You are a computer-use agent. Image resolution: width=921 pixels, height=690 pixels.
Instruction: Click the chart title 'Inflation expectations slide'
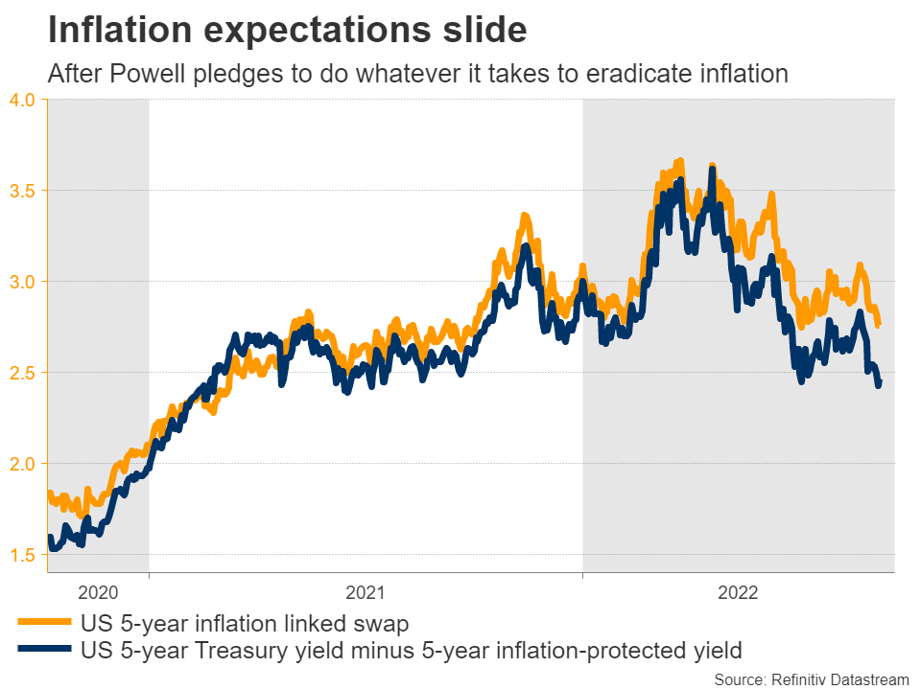[287, 31]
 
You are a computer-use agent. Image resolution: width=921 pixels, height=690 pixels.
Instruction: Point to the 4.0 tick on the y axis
[23, 100]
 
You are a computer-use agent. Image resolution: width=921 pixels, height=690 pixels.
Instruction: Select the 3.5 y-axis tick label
[23, 191]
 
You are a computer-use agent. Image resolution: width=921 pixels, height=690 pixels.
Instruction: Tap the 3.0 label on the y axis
[23, 282]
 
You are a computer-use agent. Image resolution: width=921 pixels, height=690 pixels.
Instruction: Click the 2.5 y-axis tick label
[23, 372]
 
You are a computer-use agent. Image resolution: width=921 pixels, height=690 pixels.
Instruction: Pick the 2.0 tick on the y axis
[23, 464]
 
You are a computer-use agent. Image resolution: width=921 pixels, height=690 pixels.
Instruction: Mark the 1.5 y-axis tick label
[23, 555]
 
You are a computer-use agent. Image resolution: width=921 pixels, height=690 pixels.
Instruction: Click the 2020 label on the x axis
[99, 593]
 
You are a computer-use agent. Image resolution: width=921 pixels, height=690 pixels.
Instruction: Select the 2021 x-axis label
[366, 593]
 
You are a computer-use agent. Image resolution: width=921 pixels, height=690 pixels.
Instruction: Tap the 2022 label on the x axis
[739, 593]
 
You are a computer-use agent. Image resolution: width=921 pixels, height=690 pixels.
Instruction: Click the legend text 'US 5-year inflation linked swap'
[245, 625]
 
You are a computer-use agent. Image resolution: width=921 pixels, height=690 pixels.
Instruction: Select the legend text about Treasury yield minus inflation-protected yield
[412, 652]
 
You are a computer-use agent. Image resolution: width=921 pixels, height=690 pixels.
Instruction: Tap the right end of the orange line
[880, 325]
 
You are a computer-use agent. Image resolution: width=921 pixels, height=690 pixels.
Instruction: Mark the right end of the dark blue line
[879, 384]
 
